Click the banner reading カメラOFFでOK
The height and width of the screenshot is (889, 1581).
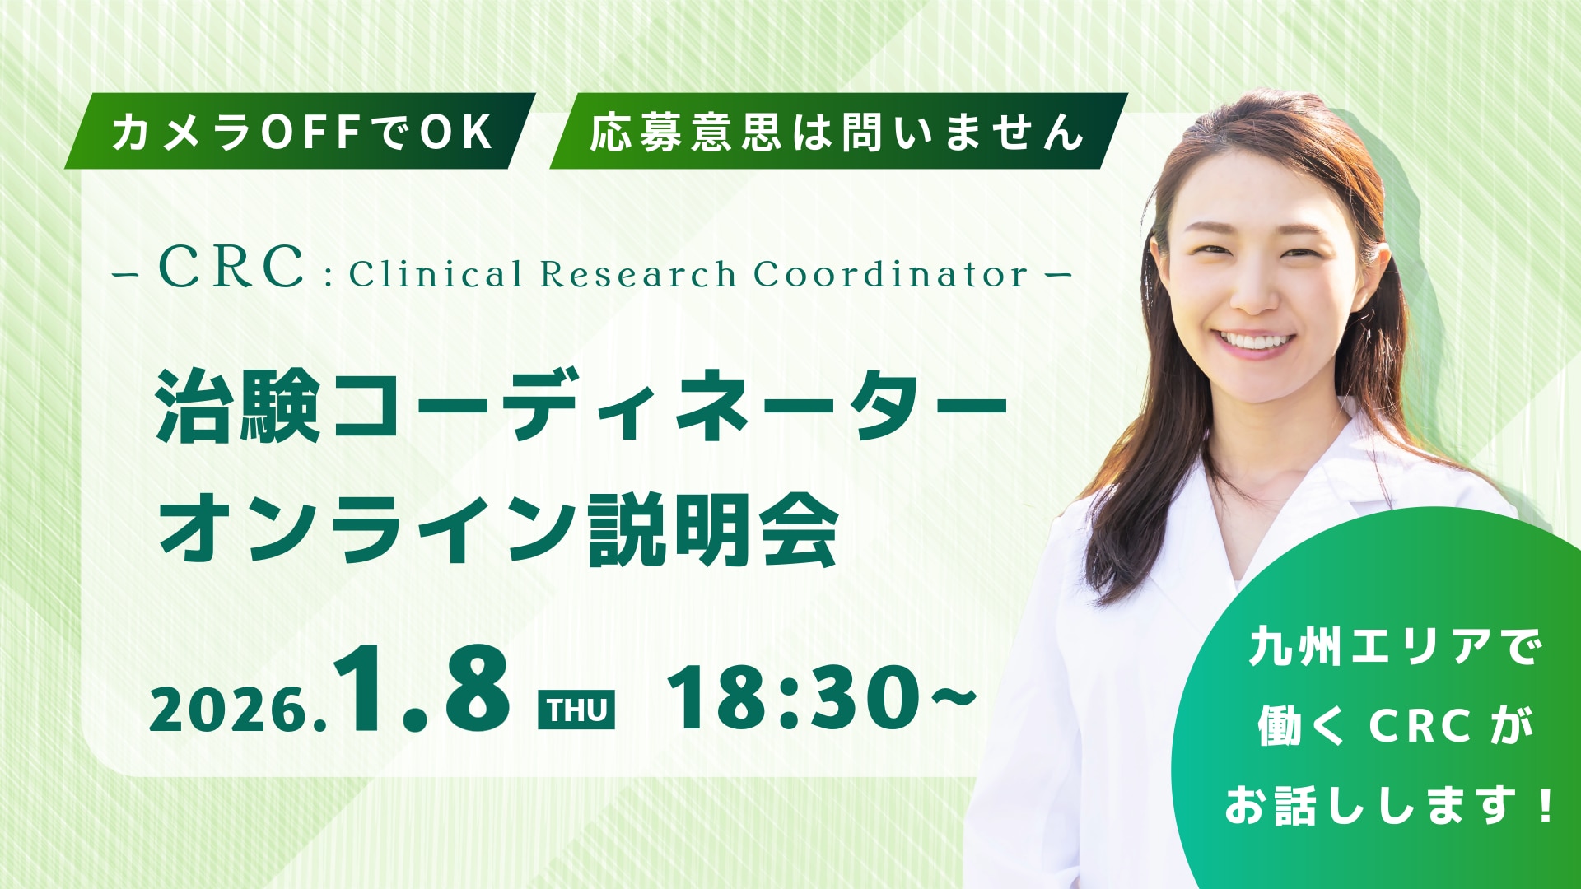(x=301, y=132)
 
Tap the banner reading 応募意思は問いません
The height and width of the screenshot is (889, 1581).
(x=837, y=132)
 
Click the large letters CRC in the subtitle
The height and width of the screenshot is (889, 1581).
(x=231, y=267)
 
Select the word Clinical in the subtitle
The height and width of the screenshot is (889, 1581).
(x=436, y=274)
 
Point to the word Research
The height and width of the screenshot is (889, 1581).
(x=637, y=274)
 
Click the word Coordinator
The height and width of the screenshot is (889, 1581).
(x=890, y=274)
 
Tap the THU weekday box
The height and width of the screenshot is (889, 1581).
(x=576, y=710)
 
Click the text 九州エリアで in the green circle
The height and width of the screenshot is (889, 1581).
(x=1395, y=647)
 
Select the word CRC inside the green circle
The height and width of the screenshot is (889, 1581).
(x=1420, y=726)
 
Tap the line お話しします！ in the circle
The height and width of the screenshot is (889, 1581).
(x=1390, y=805)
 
